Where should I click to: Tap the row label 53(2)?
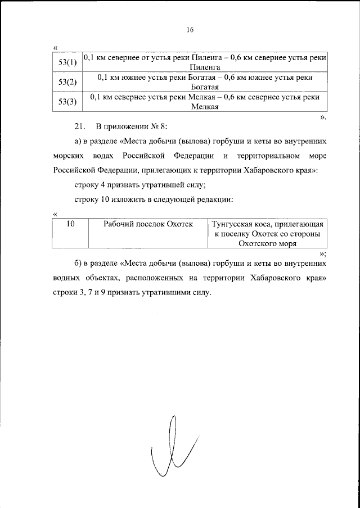67,82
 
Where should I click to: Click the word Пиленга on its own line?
204,67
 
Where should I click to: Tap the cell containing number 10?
71,224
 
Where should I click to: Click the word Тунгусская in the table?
235,224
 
